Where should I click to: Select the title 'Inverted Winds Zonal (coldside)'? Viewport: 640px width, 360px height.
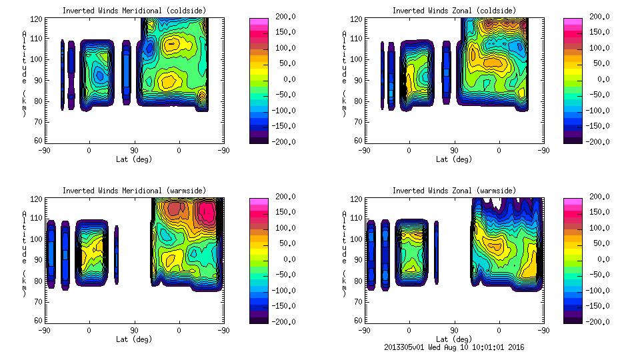(454, 11)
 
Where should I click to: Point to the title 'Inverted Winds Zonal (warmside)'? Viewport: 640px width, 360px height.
(454, 191)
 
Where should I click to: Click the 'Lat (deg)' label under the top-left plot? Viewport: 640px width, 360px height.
(133, 159)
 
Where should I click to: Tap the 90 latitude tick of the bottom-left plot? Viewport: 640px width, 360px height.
(133, 330)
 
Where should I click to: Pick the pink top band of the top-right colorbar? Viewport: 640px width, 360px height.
(573, 23)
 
